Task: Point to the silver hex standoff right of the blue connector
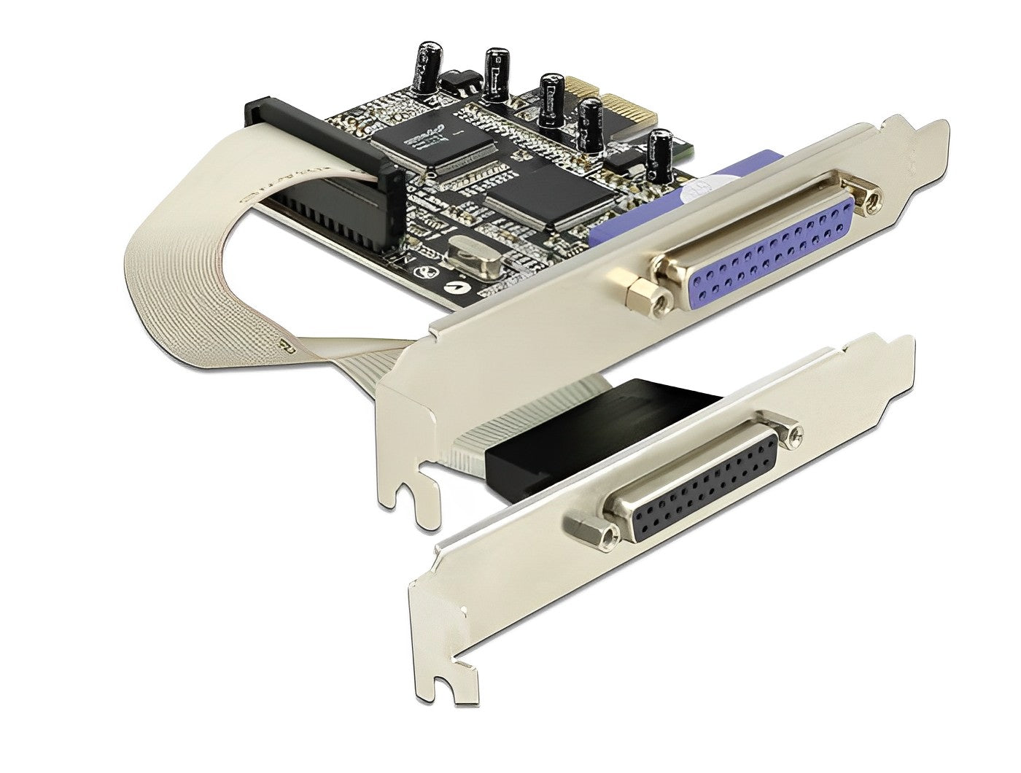[x=867, y=204]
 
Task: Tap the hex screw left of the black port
[x=591, y=530]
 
